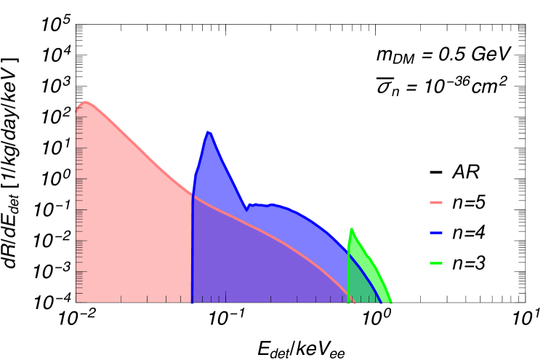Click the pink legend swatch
pyautogui.click(x=436, y=202)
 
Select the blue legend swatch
pyautogui.click(x=436, y=233)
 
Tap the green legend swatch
pyautogui.click(x=436, y=263)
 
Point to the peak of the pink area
pyautogui.click(x=85, y=102)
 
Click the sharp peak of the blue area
pyautogui.click(x=208, y=132)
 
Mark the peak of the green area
pyautogui.click(x=351, y=228)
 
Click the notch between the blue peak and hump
pyautogui.click(x=247, y=205)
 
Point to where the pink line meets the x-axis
pyautogui.click(x=354, y=301)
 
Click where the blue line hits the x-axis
pyautogui.click(x=380, y=301)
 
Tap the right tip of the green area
pyautogui.click(x=392, y=301)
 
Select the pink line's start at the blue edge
pyautogui.click(x=194, y=196)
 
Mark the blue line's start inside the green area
pyautogui.click(x=350, y=255)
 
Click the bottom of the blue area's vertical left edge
pyautogui.click(x=192, y=301)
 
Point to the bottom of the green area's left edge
pyautogui.click(x=348, y=301)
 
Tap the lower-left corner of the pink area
pyautogui.click(x=77, y=301)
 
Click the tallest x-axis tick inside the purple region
pyautogui.click(x=225, y=297)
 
